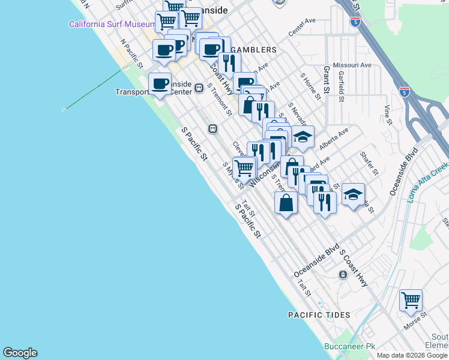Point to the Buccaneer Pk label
pyautogui.click(x=349, y=346)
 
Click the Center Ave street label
pyautogui.click(x=302, y=28)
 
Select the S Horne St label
pyautogui.click(x=308, y=85)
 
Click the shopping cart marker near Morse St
pyautogui.click(x=411, y=300)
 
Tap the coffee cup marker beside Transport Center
pyautogui.click(x=160, y=83)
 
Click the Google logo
pyautogui.click(x=20, y=353)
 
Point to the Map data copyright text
pyautogui.click(x=412, y=355)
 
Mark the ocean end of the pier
pyautogui.click(x=64, y=110)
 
